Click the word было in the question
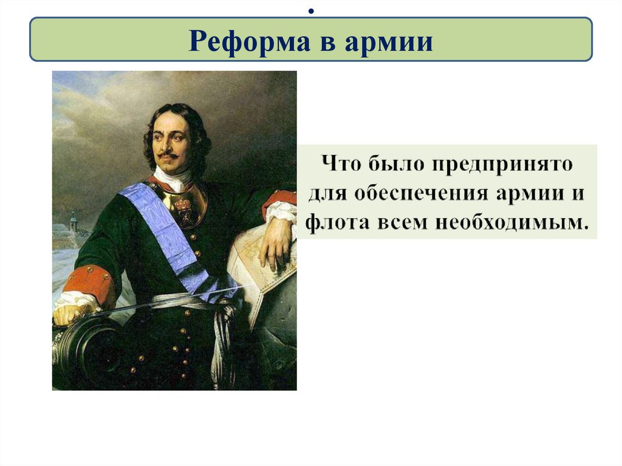[x=392, y=165]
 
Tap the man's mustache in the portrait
[x=168, y=156]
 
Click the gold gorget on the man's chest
[x=183, y=204]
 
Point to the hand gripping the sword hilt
[x=70, y=314]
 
